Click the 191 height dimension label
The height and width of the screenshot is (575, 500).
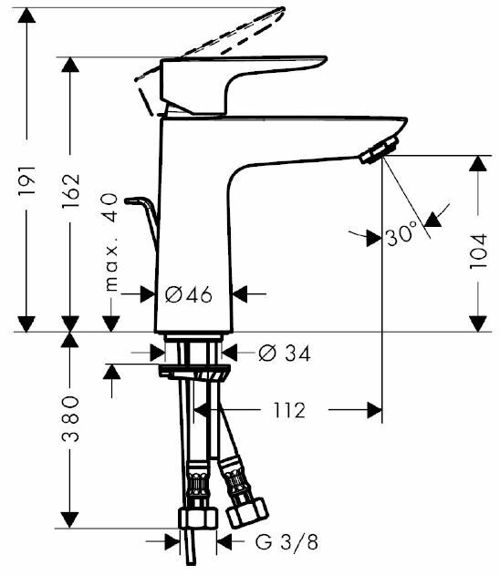click(x=28, y=181)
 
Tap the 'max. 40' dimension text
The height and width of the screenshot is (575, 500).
click(x=110, y=241)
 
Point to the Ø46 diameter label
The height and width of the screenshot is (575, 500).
click(x=189, y=294)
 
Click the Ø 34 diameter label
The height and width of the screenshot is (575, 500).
click(x=284, y=354)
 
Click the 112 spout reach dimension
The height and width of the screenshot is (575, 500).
click(x=287, y=410)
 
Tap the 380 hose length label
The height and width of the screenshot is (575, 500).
click(x=72, y=419)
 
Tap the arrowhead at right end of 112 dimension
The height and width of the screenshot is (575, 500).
click(x=373, y=410)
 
